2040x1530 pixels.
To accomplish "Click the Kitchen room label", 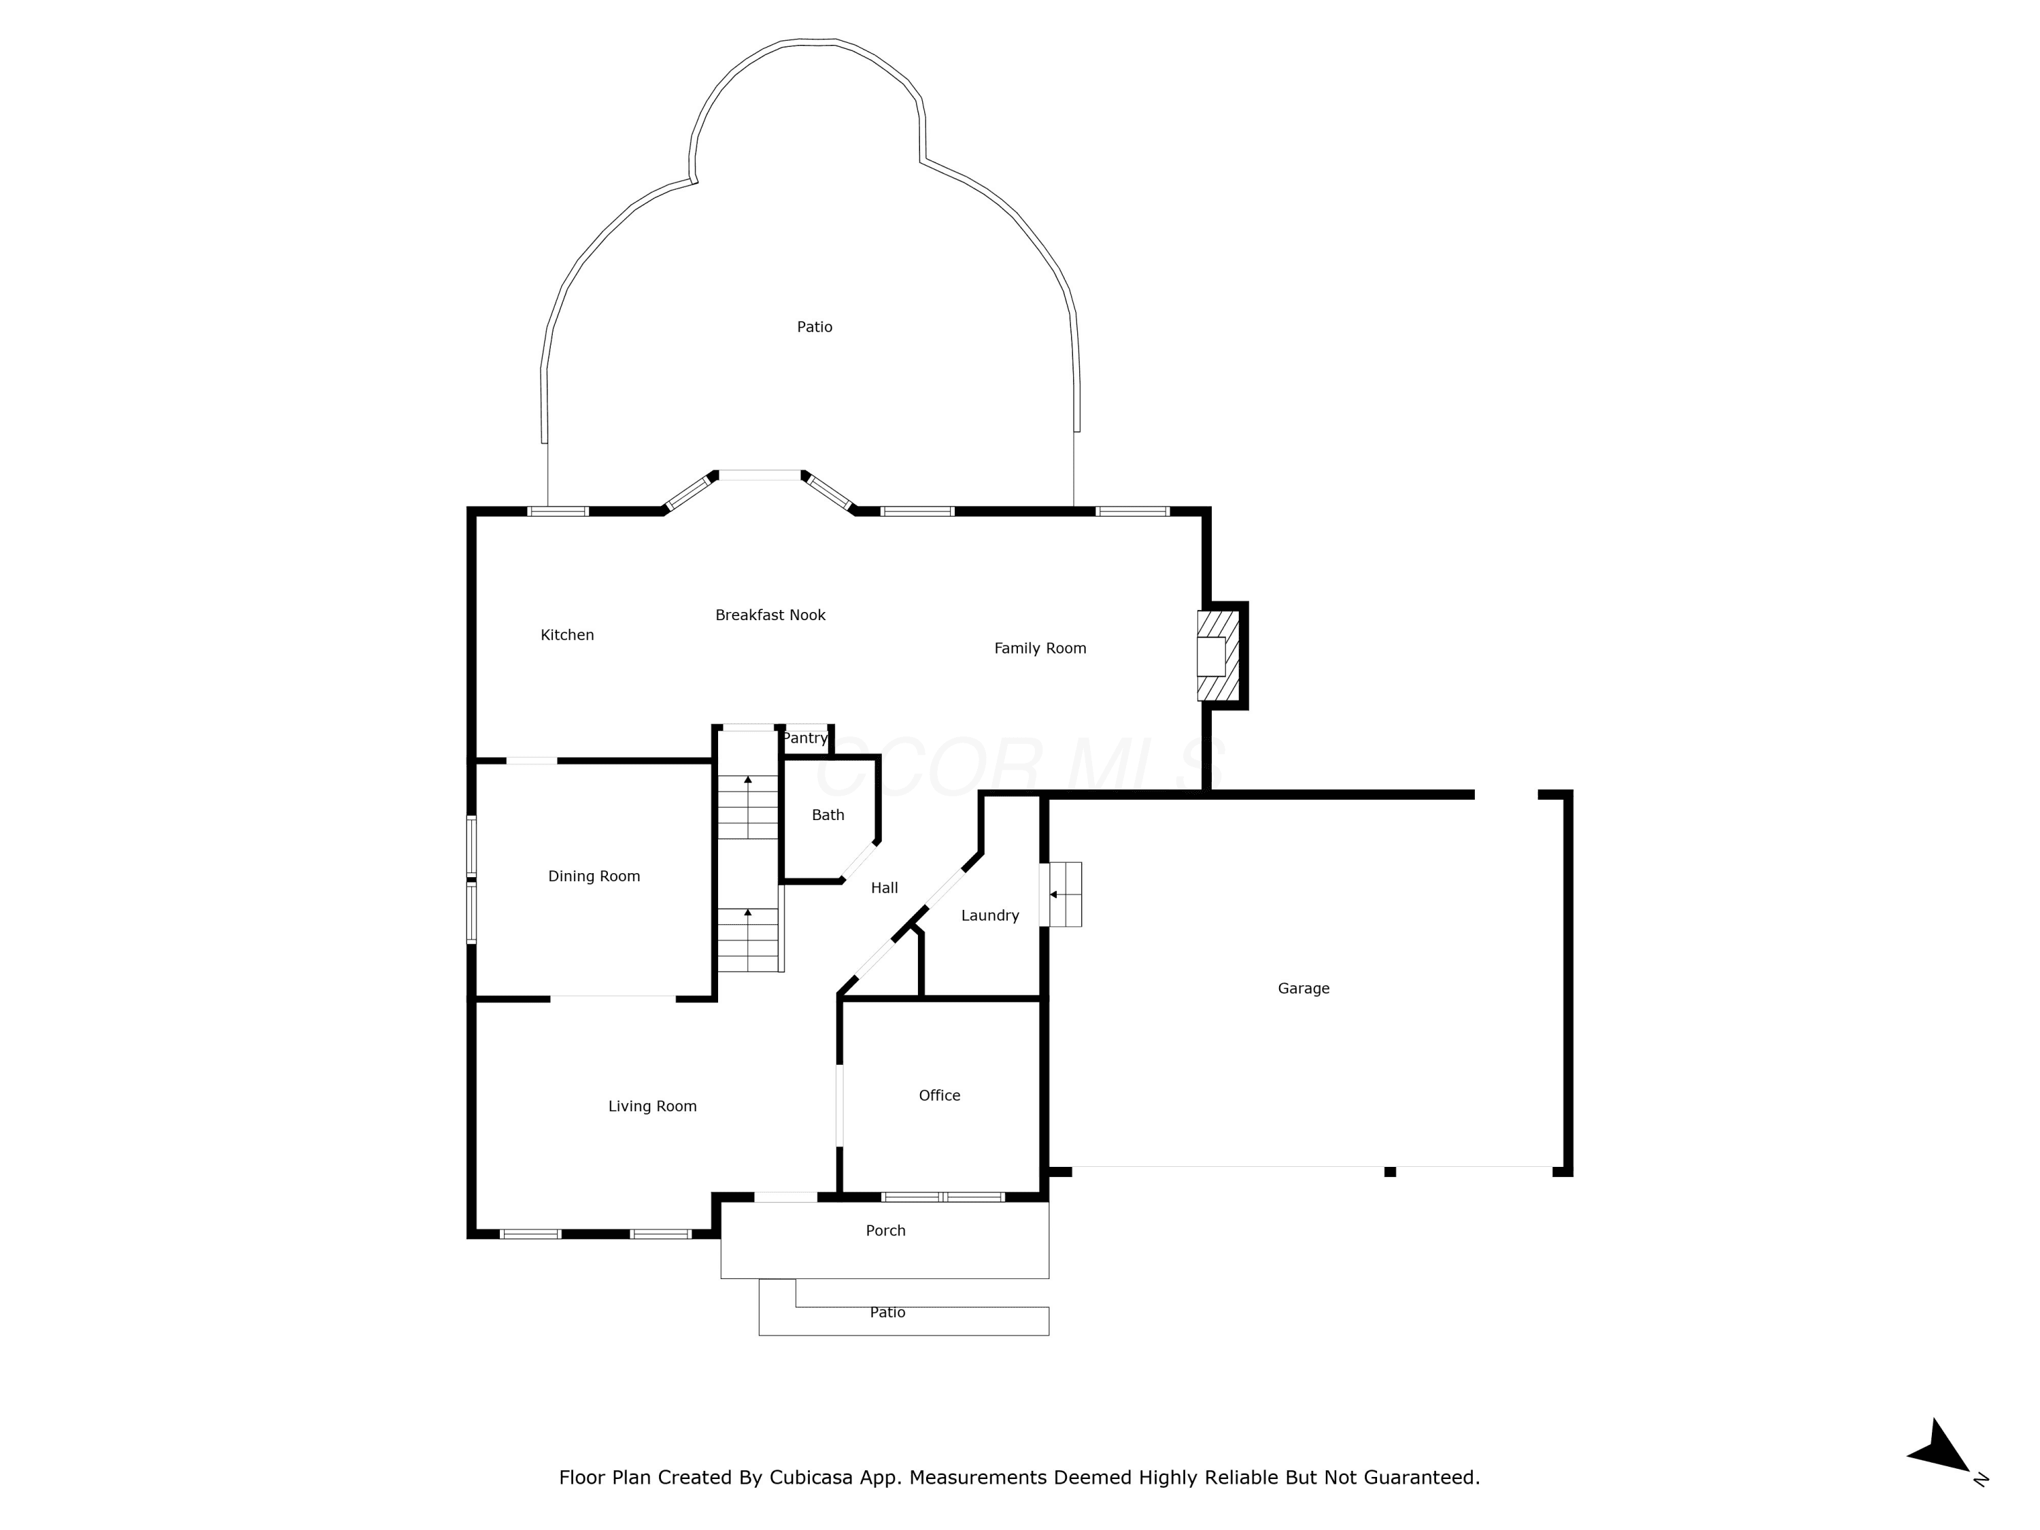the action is click(567, 634).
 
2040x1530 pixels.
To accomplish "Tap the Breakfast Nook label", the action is click(770, 615).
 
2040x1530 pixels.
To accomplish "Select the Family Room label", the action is click(1040, 648).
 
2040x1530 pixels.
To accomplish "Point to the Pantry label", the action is click(805, 738).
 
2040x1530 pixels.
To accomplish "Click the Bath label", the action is click(828, 815).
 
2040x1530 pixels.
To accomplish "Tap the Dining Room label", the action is click(594, 876).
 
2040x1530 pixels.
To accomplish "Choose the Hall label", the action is click(885, 888).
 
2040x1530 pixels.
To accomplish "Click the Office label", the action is click(940, 1095).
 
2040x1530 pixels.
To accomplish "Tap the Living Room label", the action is click(653, 1106).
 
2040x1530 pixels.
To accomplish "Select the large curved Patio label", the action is click(815, 326).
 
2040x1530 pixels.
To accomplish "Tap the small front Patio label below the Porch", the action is click(888, 1312).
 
